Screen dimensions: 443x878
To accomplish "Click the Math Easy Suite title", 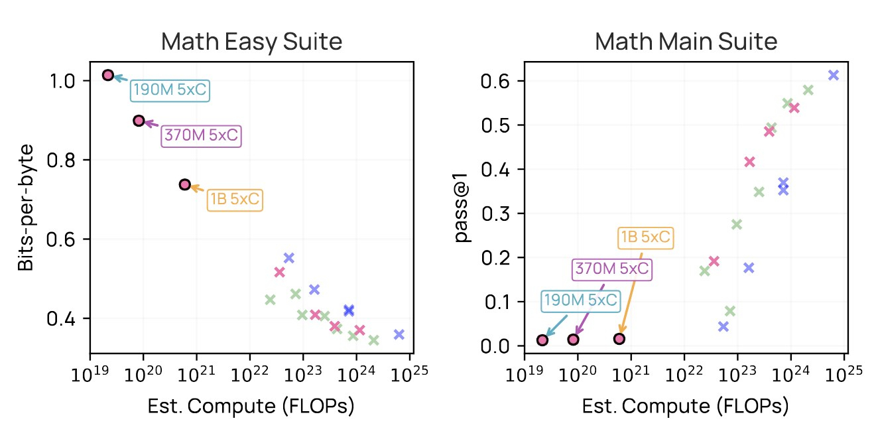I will click(251, 42).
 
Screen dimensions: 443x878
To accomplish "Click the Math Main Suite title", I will click(686, 42).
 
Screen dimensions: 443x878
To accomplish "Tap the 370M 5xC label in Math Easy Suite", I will click(202, 136).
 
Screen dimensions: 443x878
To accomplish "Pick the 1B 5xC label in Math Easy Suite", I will click(235, 200).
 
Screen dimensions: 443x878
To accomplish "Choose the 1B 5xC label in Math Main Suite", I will click(646, 237).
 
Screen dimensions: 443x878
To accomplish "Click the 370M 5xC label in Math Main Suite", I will click(612, 269).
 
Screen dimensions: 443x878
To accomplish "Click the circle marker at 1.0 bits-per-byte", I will click(108, 76).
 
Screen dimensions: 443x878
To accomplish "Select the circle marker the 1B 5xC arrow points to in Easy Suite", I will click(184, 184).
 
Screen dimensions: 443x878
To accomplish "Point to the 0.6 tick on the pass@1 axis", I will click(495, 81).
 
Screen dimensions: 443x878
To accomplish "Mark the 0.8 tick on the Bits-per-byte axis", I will click(60, 160).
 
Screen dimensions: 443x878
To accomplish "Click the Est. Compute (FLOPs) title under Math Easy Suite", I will click(251, 407).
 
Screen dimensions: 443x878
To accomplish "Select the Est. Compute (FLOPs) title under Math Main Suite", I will click(686, 407).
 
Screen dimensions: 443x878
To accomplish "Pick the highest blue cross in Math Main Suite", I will click(834, 75).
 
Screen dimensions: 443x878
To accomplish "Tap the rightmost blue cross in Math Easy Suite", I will click(399, 334).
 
